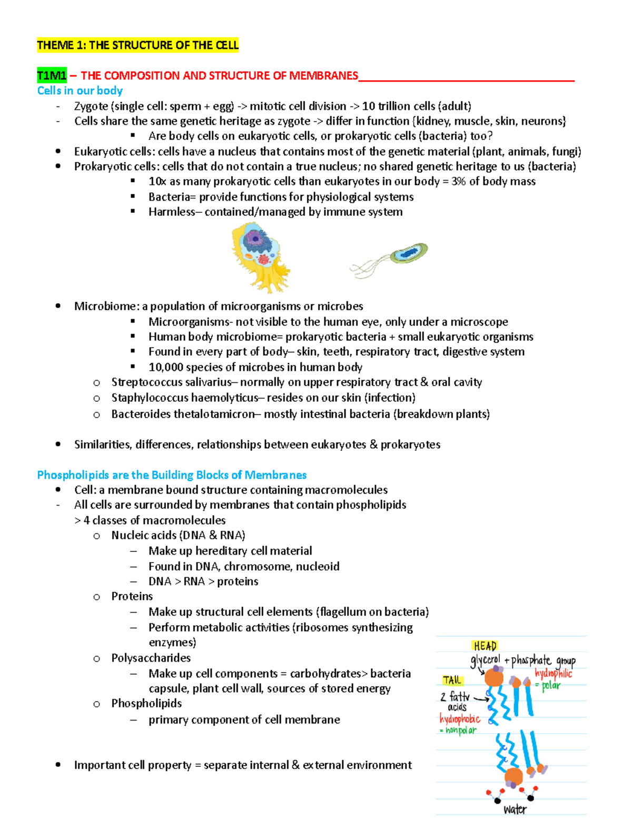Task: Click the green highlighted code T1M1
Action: pyautogui.click(x=52, y=76)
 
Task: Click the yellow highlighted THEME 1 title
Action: pyautogui.click(x=137, y=45)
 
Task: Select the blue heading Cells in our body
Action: pyautogui.click(x=80, y=91)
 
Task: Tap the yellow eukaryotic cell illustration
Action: pyautogui.click(x=260, y=257)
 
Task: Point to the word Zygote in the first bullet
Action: pyautogui.click(x=91, y=106)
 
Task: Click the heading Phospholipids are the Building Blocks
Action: pyautogui.click(x=172, y=475)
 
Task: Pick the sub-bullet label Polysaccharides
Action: pyautogui.click(x=151, y=658)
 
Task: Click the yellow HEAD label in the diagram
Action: pyautogui.click(x=485, y=646)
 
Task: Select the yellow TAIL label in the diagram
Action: pyautogui.click(x=452, y=680)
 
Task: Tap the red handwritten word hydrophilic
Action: pyautogui.click(x=553, y=674)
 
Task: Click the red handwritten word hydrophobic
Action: pyautogui.click(x=460, y=719)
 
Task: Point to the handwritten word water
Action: pyautogui.click(x=515, y=809)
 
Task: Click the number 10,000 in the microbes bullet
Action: pyautogui.click(x=166, y=367)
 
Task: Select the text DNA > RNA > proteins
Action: pyautogui.click(x=203, y=582)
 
